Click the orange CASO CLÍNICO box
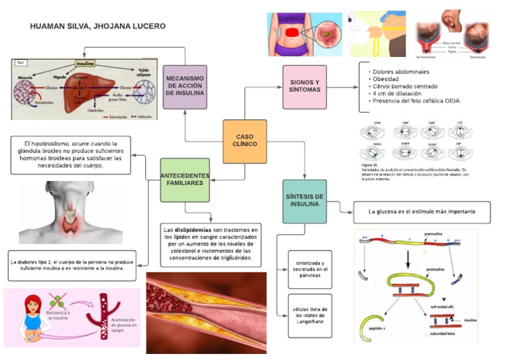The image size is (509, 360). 245,141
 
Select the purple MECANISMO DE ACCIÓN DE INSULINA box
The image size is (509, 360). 185,86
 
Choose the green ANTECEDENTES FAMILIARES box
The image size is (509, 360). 185,180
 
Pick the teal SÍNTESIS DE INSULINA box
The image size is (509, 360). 304,200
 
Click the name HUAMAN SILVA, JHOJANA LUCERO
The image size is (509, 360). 98,27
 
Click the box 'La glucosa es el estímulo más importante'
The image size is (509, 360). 422,212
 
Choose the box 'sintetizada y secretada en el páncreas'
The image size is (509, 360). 310,270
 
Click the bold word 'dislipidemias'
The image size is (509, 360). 194,229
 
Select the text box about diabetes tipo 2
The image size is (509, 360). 72,266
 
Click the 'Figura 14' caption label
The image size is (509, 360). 370,164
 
